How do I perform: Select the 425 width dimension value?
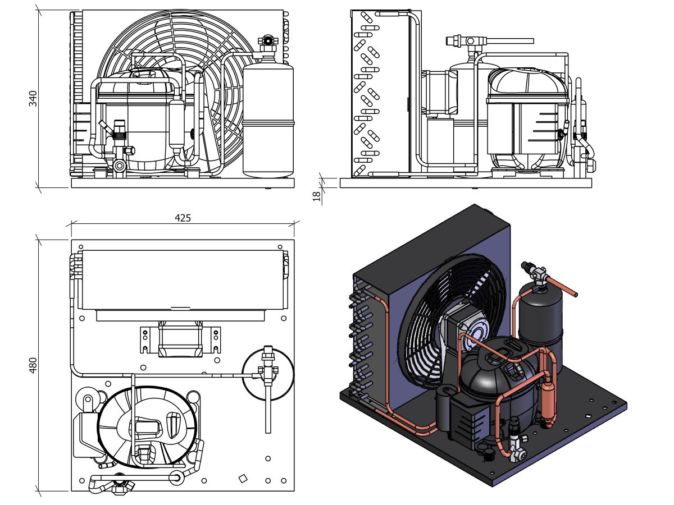pos(183,218)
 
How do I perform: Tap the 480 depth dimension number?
pos(33,365)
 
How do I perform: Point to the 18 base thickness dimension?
pos(316,195)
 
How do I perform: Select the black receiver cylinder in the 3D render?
pos(540,314)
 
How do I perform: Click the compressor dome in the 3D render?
pos(497,370)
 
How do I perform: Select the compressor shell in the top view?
pos(147,426)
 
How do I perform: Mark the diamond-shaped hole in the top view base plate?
pos(243,478)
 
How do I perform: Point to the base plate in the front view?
pos(183,183)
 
